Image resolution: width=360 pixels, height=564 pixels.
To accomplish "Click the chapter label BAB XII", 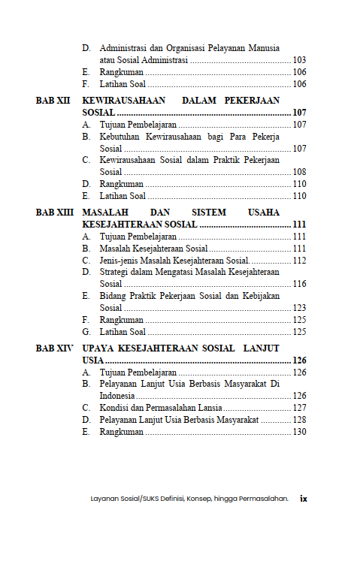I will tap(53, 99).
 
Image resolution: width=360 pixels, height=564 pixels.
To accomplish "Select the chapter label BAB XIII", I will tap(55, 213).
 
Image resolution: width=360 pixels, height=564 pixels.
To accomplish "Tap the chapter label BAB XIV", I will tap(55, 349).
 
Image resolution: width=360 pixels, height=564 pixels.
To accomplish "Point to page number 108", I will tap(299, 172).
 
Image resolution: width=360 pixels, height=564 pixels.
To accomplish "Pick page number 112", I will tap(299, 261).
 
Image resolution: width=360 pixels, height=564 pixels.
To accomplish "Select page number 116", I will tap(299, 284).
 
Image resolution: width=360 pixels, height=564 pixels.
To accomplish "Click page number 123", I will tap(299, 308).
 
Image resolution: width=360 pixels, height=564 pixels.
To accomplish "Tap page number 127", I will tap(299, 408).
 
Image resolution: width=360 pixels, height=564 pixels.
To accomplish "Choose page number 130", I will tap(299, 432).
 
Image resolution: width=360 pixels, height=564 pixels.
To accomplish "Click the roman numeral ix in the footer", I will tap(304, 498).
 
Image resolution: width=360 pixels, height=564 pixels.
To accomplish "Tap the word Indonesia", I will tap(117, 396).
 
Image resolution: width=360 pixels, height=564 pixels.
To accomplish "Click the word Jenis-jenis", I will tap(119, 261).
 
